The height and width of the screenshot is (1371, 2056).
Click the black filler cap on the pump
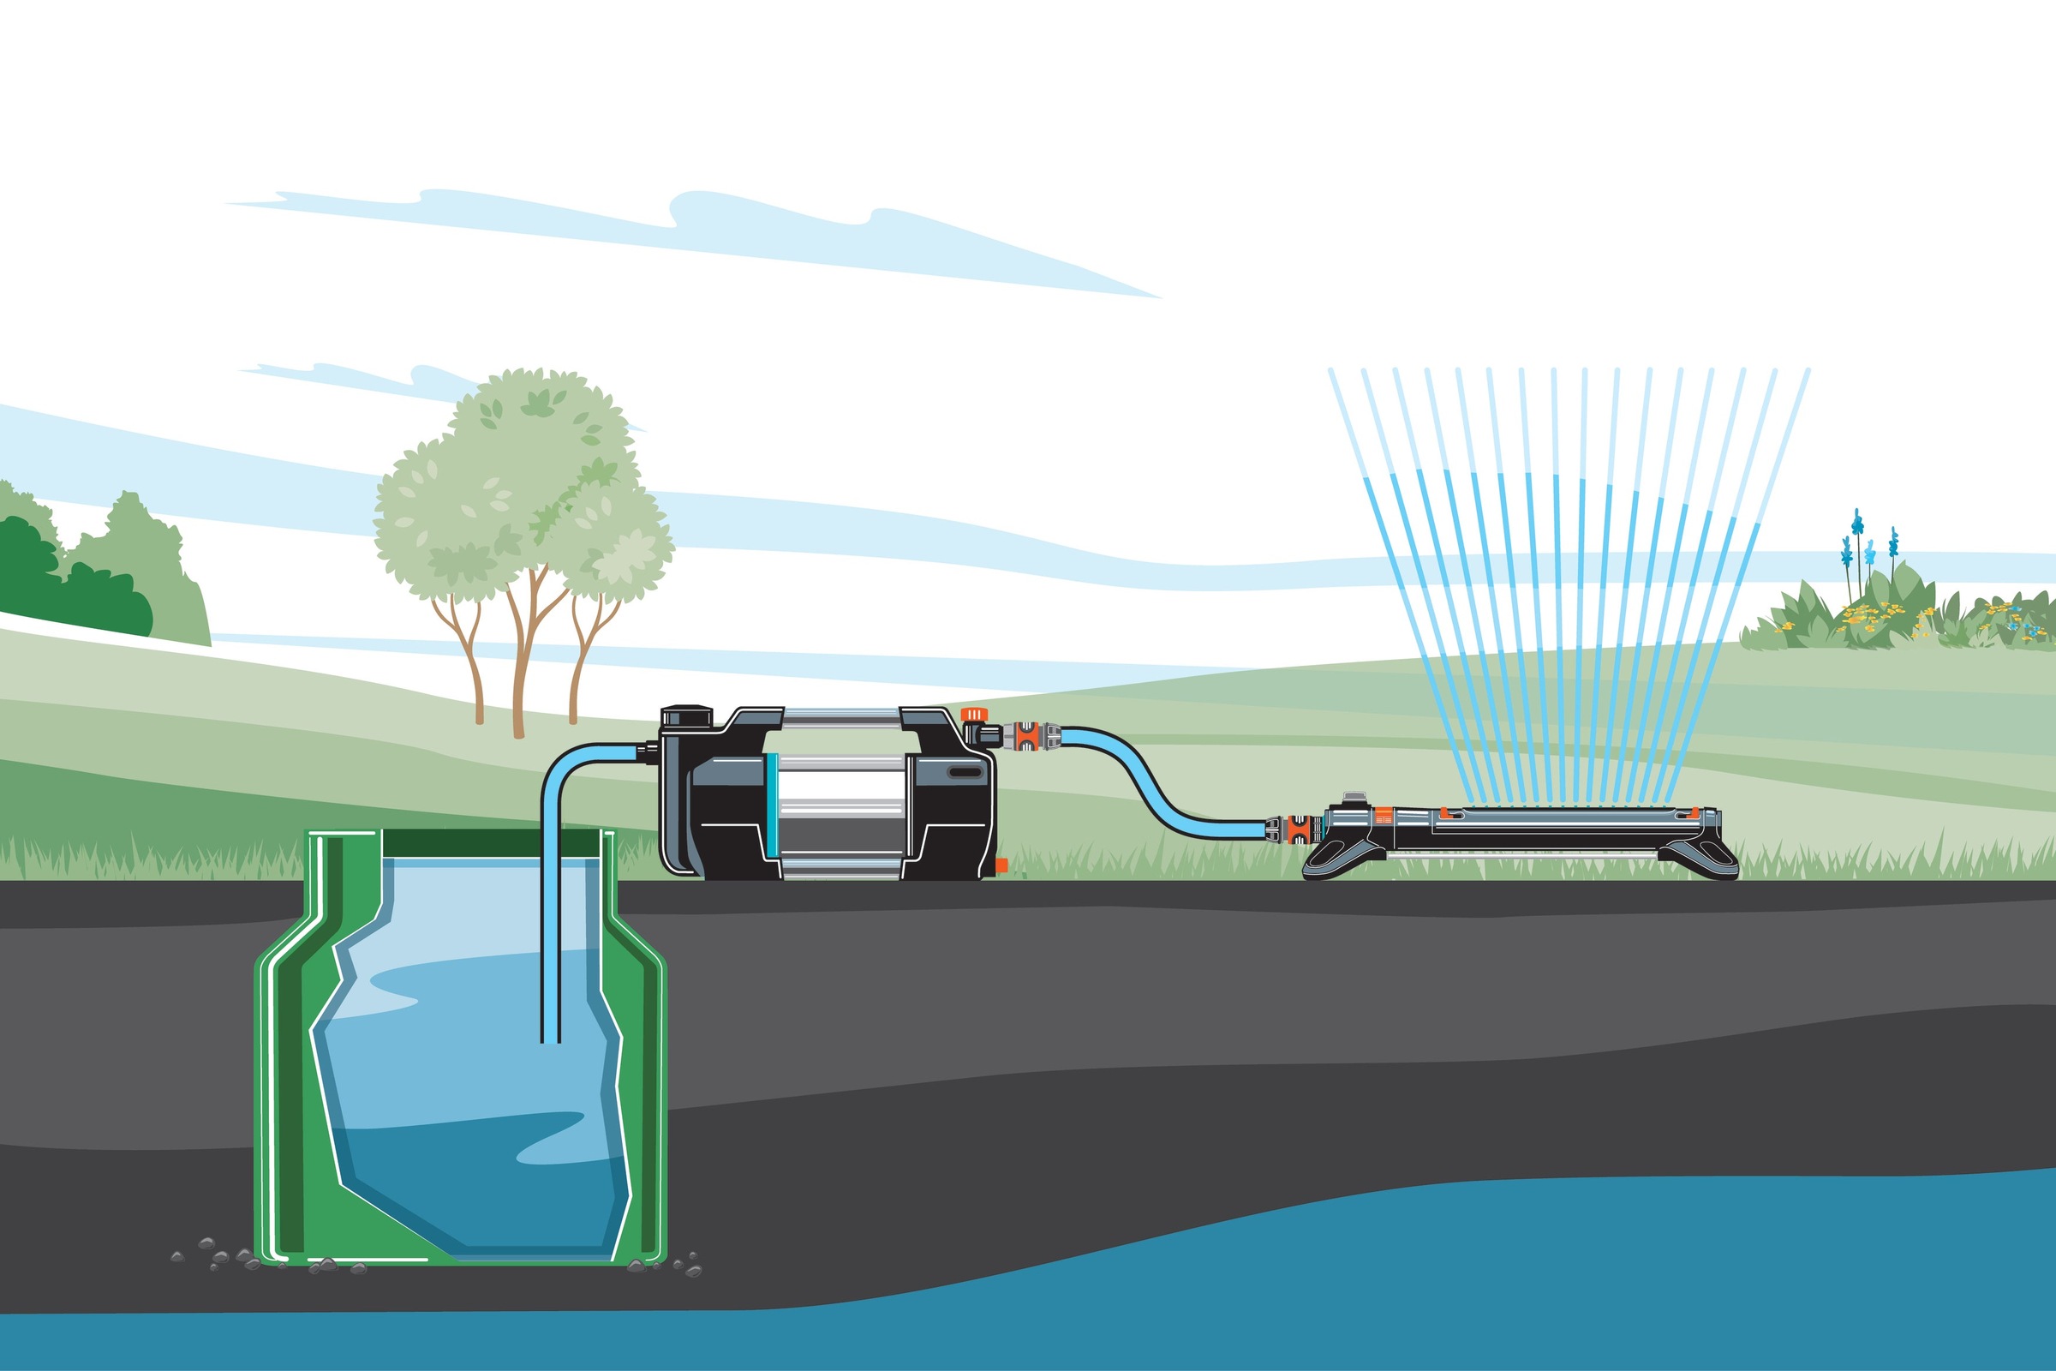(687, 716)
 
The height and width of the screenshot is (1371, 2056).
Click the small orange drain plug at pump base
(1001, 865)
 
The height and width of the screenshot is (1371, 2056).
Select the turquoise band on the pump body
(770, 804)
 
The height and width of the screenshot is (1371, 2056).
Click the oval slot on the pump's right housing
(965, 773)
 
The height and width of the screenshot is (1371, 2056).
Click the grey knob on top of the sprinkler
(1354, 799)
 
